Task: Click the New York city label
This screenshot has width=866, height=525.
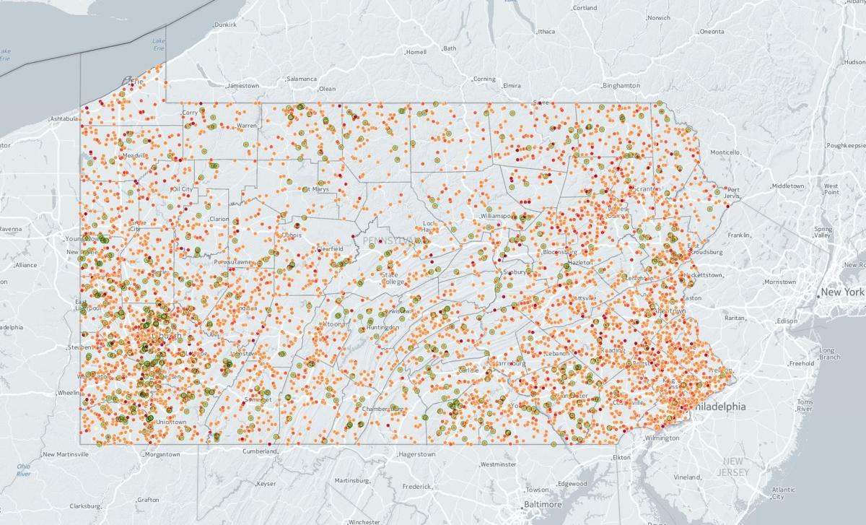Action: pos(842,292)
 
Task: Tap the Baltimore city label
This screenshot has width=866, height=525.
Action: pos(543,504)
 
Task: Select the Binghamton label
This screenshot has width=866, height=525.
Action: pos(623,86)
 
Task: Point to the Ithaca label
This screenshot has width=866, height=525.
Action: pos(546,32)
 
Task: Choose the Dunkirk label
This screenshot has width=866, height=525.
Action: pos(225,25)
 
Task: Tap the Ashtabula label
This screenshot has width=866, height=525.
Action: pos(64,118)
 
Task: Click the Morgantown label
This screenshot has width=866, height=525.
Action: pos(162,454)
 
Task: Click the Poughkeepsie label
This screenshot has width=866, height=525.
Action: pos(844,145)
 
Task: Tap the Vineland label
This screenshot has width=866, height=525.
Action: pos(688,477)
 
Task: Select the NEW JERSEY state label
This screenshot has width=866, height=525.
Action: pos(733,467)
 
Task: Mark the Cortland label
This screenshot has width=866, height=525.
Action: pos(585,8)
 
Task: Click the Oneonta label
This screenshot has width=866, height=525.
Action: pos(712,32)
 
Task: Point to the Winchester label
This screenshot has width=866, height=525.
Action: pos(364,521)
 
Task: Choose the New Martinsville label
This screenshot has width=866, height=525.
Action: pos(66,454)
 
